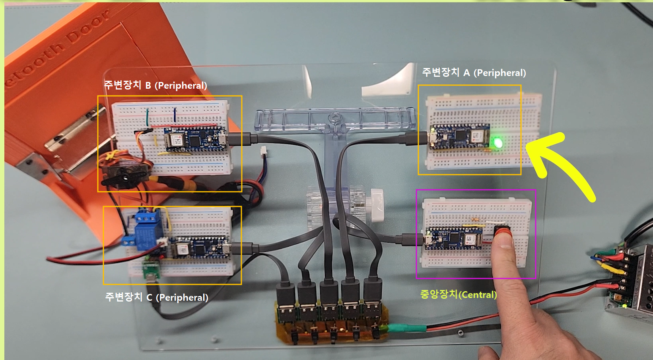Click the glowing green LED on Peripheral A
[x=498, y=142]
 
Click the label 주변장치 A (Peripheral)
[x=474, y=73]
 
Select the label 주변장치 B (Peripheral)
[x=155, y=85]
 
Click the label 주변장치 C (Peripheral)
[x=156, y=297]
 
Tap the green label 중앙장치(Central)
[x=459, y=294]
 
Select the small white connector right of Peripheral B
[x=264, y=152]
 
